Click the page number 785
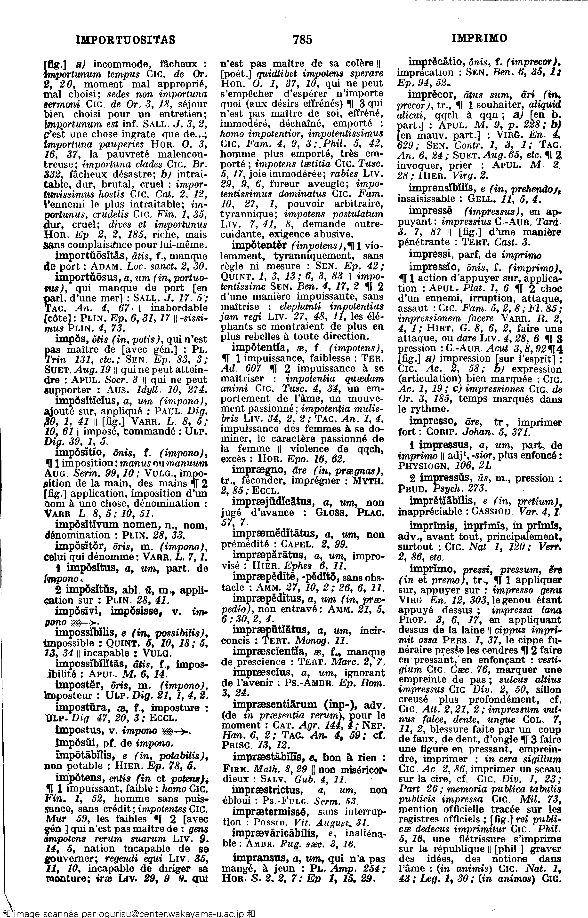pos(302,39)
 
